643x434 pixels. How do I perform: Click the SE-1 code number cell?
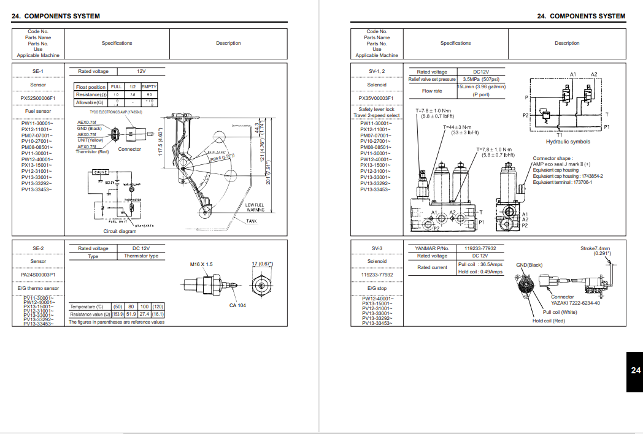38,72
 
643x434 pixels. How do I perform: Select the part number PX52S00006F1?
38,97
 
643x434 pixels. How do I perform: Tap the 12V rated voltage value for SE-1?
141,72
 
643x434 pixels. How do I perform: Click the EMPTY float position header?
149,87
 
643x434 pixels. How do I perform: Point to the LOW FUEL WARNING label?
256,207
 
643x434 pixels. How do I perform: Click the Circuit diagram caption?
120,231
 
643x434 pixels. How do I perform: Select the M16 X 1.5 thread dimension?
201,264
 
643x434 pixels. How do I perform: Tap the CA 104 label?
237,305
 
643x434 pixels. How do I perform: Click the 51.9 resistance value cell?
131,314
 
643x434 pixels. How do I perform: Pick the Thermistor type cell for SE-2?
141,256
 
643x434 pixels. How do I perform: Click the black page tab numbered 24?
635,371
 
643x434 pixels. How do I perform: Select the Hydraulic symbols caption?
568,142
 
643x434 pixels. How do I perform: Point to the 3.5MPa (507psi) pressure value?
481,79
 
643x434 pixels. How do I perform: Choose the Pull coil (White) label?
560,312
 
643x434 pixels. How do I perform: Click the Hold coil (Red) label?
549,321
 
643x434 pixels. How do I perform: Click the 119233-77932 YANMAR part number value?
480,248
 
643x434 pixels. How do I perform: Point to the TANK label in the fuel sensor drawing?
252,221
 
